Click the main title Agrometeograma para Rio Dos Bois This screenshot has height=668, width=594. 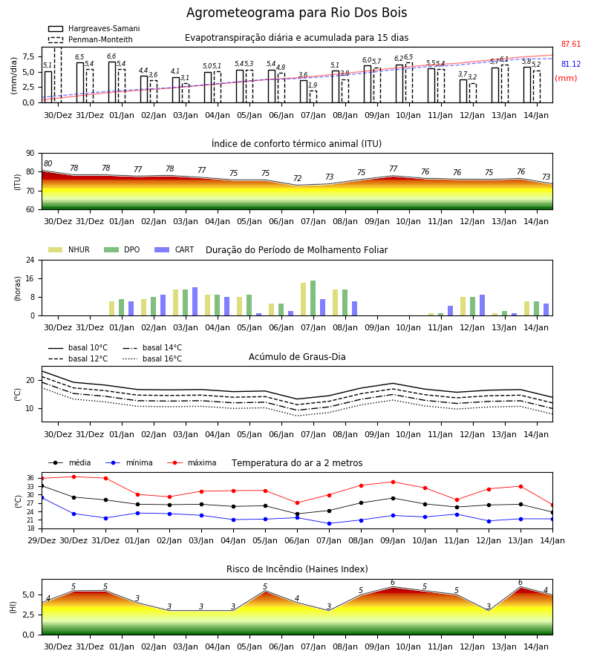(296, 13)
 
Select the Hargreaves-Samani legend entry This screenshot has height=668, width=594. (94, 28)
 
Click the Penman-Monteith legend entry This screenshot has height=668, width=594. (91, 39)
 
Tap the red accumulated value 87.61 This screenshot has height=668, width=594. (571, 45)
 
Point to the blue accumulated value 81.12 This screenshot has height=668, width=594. (571, 65)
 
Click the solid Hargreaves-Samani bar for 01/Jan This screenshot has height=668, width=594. (112, 82)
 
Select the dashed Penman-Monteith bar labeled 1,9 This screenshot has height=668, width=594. (313, 96)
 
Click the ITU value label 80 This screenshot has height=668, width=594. (48, 163)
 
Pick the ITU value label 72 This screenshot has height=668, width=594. (297, 178)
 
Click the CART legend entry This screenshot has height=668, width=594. (174, 249)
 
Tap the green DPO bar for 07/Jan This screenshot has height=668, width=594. (313, 298)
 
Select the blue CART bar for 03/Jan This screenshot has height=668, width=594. (195, 301)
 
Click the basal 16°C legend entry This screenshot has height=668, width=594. (152, 359)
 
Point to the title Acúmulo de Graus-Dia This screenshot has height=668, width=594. (297, 357)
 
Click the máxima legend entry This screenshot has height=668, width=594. (192, 462)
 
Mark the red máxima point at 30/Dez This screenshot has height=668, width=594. (74, 477)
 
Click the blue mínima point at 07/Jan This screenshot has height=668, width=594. (330, 523)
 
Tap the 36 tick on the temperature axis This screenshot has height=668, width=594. (30, 478)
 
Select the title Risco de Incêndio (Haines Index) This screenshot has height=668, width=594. (297, 569)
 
